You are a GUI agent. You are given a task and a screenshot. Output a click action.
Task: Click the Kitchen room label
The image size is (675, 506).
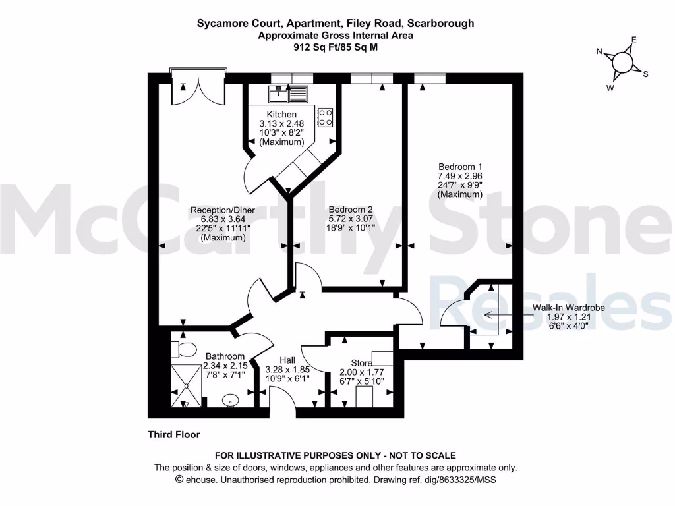click(x=281, y=115)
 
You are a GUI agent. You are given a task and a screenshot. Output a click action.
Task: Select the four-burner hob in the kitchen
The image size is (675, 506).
click(x=325, y=117)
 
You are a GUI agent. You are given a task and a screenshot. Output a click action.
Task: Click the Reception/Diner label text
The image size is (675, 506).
click(x=222, y=210)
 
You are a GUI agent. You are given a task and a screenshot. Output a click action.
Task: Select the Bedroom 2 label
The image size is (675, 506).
click(x=351, y=209)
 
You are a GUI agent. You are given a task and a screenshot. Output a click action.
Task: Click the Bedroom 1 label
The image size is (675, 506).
click(x=459, y=167)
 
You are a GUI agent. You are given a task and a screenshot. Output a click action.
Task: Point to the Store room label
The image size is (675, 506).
click(x=361, y=362)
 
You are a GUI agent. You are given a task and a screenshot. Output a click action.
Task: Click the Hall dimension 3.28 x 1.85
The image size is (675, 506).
click(x=287, y=370)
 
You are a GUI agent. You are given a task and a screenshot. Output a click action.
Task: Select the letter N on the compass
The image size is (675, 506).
click(x=600, y=51)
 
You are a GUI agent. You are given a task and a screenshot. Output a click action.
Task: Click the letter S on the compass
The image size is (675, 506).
click(x=645, y=74)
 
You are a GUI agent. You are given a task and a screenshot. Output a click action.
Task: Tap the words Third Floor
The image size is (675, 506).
click(x=173, y=435)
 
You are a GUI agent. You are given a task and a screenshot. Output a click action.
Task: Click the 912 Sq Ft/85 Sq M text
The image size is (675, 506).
click(x=336, y=47)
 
